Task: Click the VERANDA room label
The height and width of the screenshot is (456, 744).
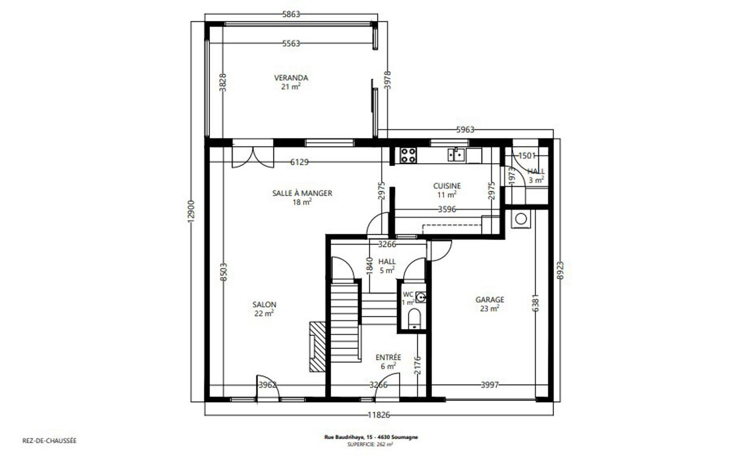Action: tap(291, 78)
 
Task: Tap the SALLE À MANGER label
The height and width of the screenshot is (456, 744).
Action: tap(302, 193)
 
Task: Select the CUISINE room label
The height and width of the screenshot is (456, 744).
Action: tap(447, 186)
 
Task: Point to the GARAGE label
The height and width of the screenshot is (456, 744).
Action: tap(490, 299)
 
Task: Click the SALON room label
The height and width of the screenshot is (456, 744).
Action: tap(264, 304)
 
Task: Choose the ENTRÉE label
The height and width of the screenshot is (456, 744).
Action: tap(388, 357)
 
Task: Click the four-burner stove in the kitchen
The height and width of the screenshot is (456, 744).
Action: tap(408, 155)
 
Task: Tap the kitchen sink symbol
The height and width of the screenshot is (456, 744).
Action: tap(456, 155)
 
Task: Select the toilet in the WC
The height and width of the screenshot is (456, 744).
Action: tap(414, 318)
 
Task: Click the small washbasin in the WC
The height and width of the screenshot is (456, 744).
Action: tap(420, 297)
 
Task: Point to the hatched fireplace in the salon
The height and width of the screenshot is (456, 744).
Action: tap(317, 347)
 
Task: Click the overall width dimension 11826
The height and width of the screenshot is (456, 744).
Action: tap(379, 415)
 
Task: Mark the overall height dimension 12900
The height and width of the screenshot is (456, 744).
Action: tap(191, 212)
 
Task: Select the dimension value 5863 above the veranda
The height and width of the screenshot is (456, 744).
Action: tap(291, 14)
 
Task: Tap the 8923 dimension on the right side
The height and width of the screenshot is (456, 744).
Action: tap(560, 270)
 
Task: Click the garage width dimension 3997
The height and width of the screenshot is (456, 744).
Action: tap(490, 385)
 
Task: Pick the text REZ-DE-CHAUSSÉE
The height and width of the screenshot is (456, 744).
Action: tap(49, 441)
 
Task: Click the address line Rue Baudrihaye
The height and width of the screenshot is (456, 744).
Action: tap(371, 437)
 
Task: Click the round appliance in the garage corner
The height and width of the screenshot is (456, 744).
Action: tap(521, 219)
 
